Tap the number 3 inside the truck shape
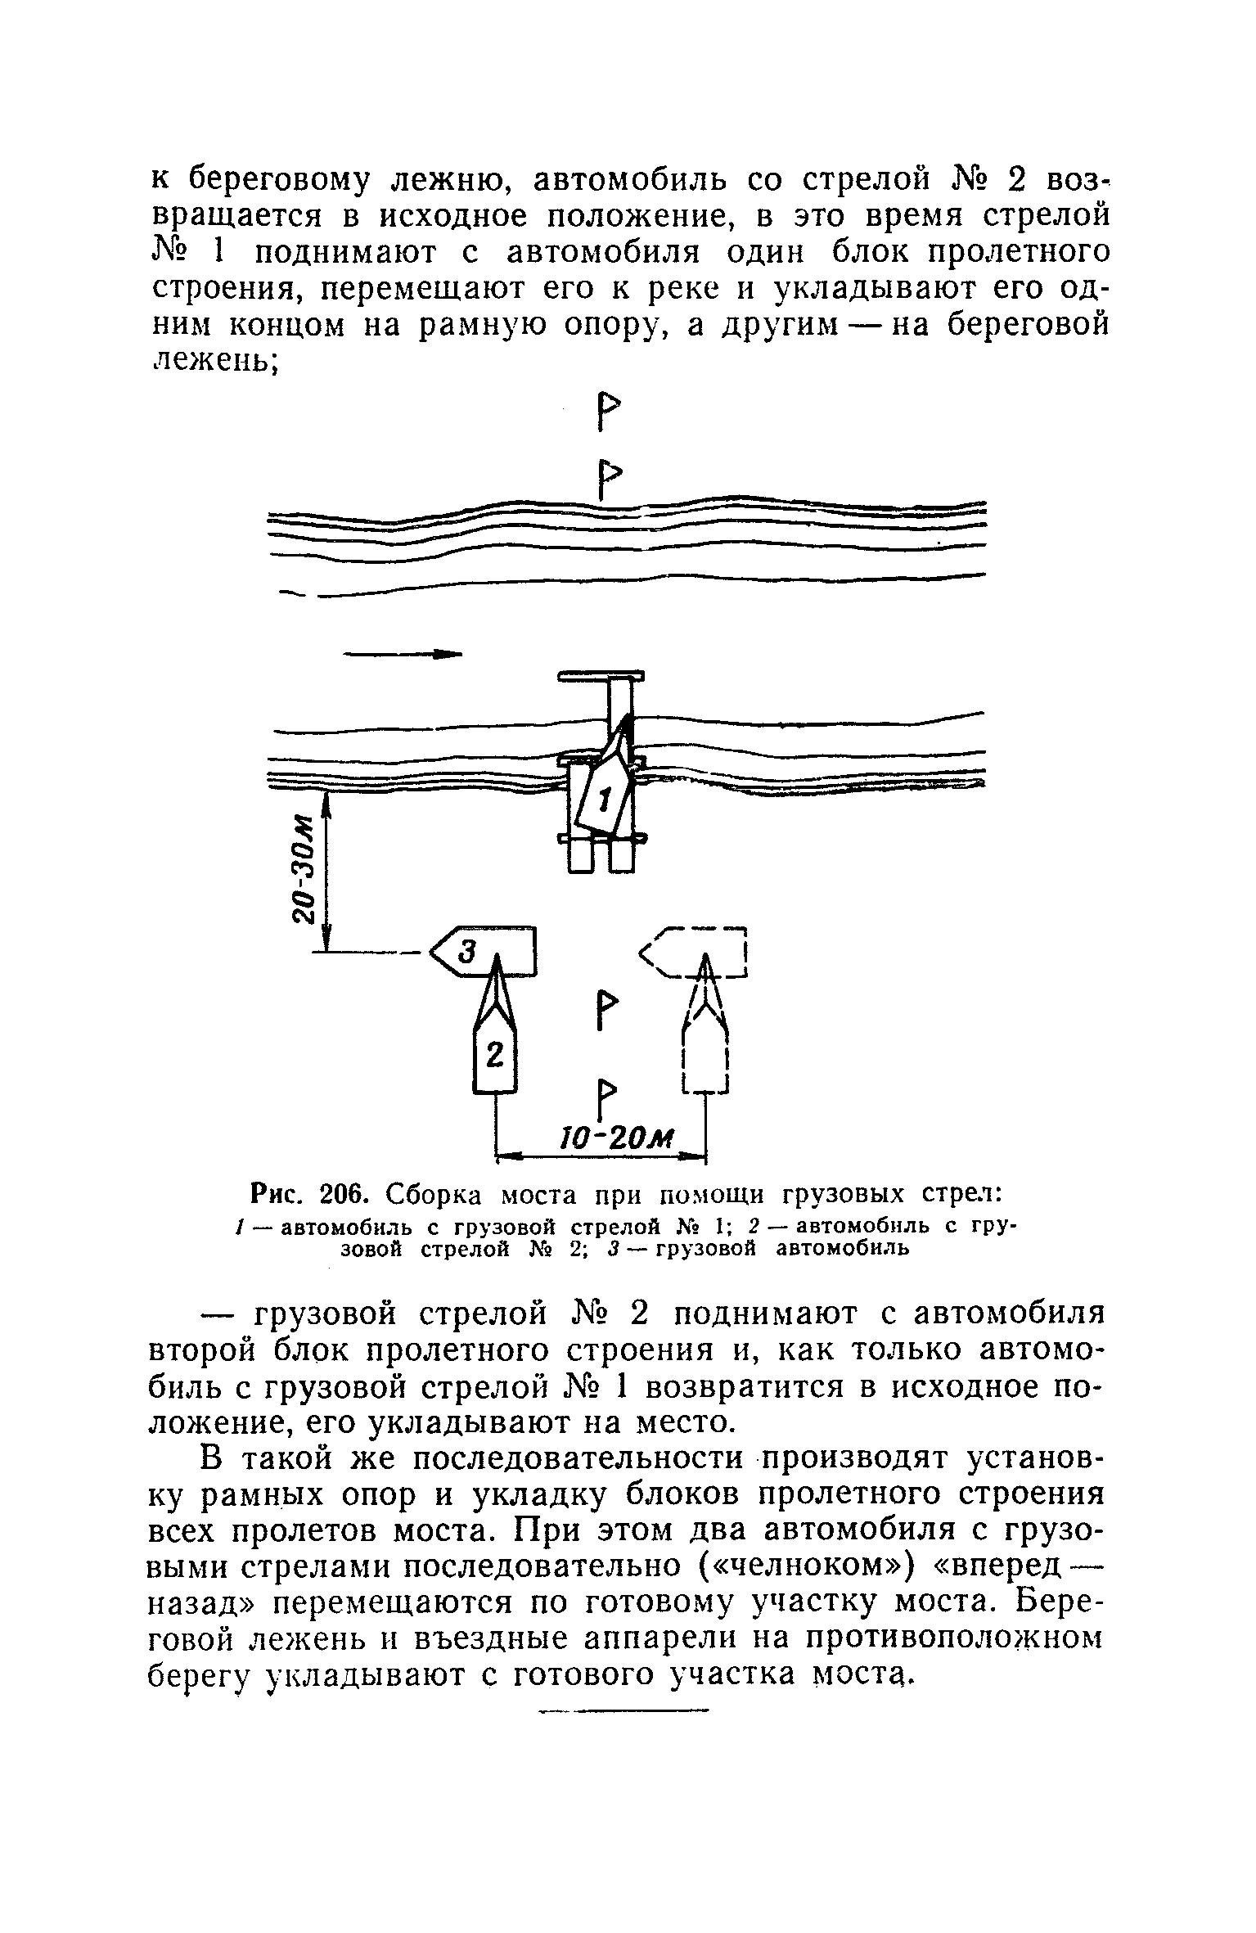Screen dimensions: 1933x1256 tap(467, 951)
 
